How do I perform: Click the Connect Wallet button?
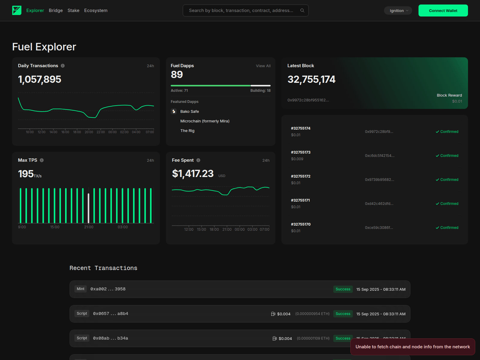tap(443, 10)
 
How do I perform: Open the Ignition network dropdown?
tap(398, 10)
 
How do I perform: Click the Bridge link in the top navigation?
tap(56, 10)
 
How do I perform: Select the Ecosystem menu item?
tap(96, 10)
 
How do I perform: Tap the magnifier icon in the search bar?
tap(302, 10)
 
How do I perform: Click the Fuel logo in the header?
tap(17, 10)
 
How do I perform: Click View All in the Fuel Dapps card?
tap(263, 66)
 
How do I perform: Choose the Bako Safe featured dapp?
tap(189, 111)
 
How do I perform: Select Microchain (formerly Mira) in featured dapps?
tap(205, 121)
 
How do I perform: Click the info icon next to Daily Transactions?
tap(63, 66)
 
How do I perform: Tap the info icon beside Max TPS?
tap(42, 160)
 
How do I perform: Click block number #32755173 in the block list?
tap(301, 152)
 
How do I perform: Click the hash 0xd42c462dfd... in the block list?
tap(379, 204)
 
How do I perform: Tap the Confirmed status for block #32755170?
tap(447, 228)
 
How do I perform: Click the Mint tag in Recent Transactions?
tap(80, 289)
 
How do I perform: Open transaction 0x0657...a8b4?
tap(110, 314)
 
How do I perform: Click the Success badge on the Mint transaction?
tap(343, 289)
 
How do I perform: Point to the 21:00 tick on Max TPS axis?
tap(89, 227)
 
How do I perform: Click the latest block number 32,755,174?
tap(311, 79)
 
